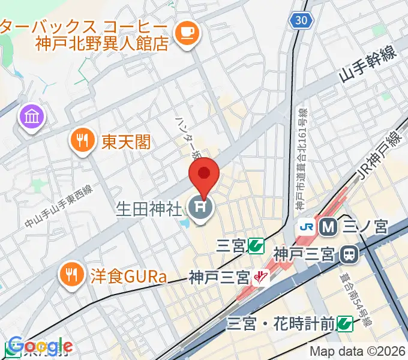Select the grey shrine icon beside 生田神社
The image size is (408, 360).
pyautogui.click(x=200, y=209)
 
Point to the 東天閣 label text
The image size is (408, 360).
pyautogui.click(x=126, y=142)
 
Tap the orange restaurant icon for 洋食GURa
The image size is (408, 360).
pyautogui.click(x=71, y=275)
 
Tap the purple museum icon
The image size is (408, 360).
pyautogui.click(x=32, y=116)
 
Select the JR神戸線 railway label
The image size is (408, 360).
pyautogui.click(x=382, y=154)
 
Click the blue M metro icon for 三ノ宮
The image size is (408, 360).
pyautogui.click(x=328, y=227)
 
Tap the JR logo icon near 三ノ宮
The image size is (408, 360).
pyautogui.click(x=307, y=227)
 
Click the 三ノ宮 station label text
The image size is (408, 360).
pyautogui.click(x=365, y=227)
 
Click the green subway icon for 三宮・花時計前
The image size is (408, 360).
pyautogui.click(x=344, y=324)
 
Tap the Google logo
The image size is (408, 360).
pyautogui.click(x=37, y=346)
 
